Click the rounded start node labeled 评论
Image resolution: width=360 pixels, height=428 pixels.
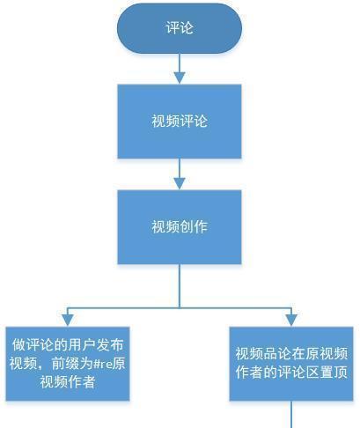[180, 28]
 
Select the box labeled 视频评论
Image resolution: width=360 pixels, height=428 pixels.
[180, 122]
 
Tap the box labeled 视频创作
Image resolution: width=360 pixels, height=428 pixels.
[180, 227]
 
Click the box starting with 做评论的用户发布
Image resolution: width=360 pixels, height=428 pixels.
[68, 364]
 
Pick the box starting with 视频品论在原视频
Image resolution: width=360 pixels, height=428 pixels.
[291, 364]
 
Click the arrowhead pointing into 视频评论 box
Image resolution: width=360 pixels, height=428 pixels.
[180, 78]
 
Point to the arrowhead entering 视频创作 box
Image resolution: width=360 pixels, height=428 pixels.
[180, 184]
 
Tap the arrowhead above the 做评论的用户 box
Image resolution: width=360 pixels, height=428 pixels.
[68, 321]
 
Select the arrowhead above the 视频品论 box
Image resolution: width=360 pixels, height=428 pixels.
[291, 321]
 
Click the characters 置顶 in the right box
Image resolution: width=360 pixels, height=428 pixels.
[334, 373]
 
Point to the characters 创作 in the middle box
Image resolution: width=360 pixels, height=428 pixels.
[194, 227]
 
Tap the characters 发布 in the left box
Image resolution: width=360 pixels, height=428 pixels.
[110, 345]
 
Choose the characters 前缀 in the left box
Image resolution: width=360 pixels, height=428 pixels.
[65, 364]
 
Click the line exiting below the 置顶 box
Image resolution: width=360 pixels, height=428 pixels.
[291, 414]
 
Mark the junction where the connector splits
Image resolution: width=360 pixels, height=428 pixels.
[180, 308]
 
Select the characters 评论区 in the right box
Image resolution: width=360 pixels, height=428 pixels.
[299, 373]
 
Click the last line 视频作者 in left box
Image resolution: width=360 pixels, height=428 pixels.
[68, 382]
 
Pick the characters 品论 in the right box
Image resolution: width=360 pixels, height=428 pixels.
[277, 354]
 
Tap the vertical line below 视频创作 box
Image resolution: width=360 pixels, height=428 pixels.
[180, 286]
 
